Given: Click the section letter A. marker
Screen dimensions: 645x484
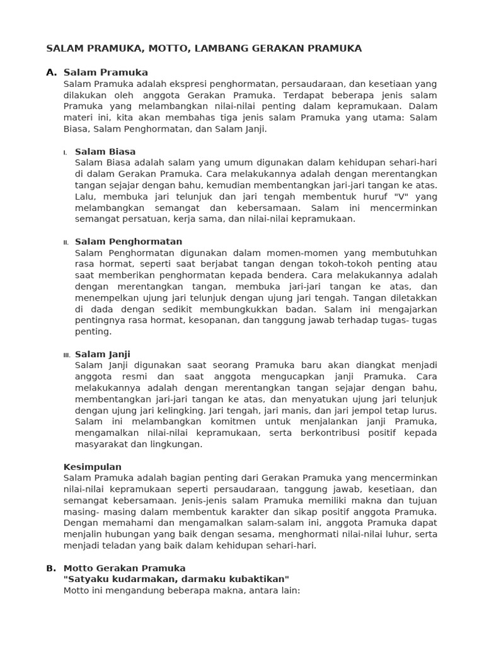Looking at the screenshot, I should [52, 72].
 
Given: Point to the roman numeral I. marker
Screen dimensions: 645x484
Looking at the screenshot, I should [65, 152].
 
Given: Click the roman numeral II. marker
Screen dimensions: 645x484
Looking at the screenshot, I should [66, 243].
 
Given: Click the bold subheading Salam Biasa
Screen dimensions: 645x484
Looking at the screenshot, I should [105, 152].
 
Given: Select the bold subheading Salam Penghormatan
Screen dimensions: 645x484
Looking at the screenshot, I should [129, 242].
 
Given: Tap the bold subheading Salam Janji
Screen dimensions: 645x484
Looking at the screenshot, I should [103, 355].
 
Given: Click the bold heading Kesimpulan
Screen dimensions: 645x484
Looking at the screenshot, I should [93, 467].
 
